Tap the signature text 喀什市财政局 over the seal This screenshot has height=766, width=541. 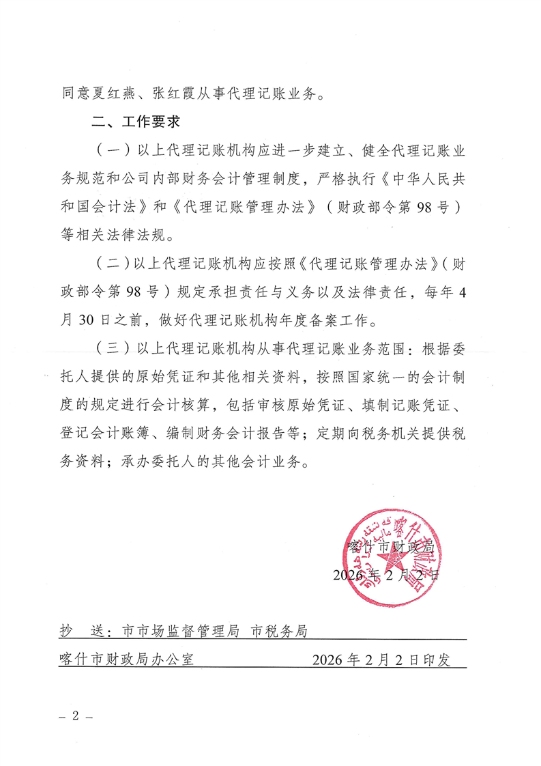(x=391, y=545)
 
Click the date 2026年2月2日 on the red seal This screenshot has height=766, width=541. (x=386, y=575)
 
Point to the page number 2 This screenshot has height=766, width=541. (x=76, y=717)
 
